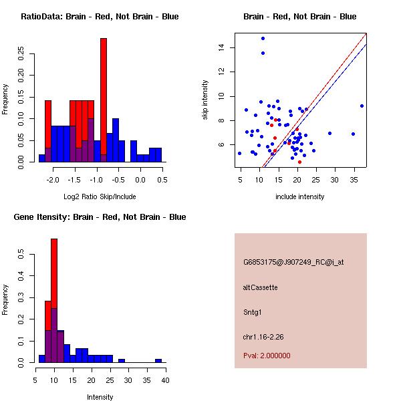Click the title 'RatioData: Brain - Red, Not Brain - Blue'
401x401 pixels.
click(100, 17)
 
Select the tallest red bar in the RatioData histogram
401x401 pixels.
click(104, 100)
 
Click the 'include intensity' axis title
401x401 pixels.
click(299, 196)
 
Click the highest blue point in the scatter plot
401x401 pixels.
click(263, 38)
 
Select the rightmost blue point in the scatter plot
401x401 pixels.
click(362, 106)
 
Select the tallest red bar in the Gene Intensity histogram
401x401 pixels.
click(54, 301)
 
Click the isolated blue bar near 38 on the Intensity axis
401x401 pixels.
click(158, 360)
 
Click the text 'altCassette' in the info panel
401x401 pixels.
click(261, 287)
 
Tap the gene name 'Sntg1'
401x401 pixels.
click(252, 311)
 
